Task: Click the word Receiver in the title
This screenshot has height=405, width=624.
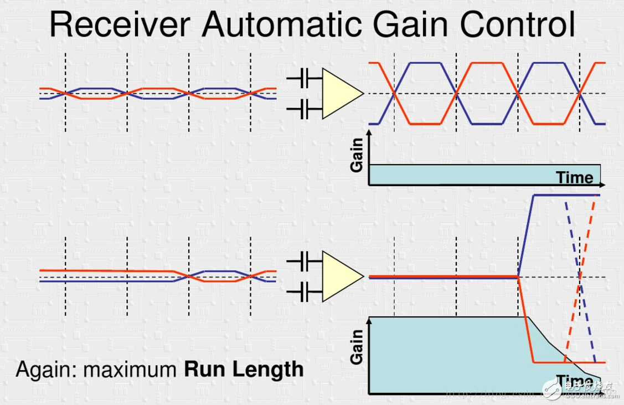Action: tap(121, 25)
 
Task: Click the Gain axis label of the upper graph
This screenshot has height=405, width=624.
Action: tap(357, 155)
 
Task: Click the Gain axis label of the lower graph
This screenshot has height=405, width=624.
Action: tap(357, 347)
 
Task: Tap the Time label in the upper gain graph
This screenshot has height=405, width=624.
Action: tap(574, 177)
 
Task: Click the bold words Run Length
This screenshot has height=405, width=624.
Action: tap(244, 369)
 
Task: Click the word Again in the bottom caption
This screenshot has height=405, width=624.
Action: tap(45, 369)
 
